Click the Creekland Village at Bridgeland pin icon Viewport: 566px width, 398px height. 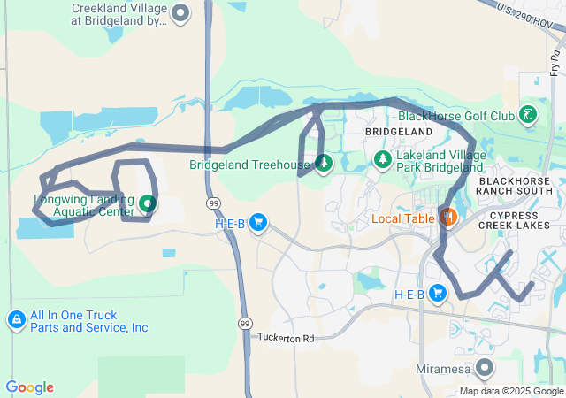180,13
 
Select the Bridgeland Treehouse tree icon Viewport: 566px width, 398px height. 324,163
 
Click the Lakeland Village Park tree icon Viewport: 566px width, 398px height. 383,158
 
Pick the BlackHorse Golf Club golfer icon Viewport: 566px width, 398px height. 528,115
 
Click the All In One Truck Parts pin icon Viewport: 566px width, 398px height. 16,319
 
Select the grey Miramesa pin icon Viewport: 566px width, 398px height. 484,367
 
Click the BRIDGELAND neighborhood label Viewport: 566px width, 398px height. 399,132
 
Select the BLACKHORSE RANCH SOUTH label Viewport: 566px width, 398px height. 513,187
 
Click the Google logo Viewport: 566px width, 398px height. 29,387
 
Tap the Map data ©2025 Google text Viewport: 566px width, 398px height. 511,391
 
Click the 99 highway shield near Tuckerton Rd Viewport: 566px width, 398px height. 245,324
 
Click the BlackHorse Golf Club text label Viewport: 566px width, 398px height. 456,116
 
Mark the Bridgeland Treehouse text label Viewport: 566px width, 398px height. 250,165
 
